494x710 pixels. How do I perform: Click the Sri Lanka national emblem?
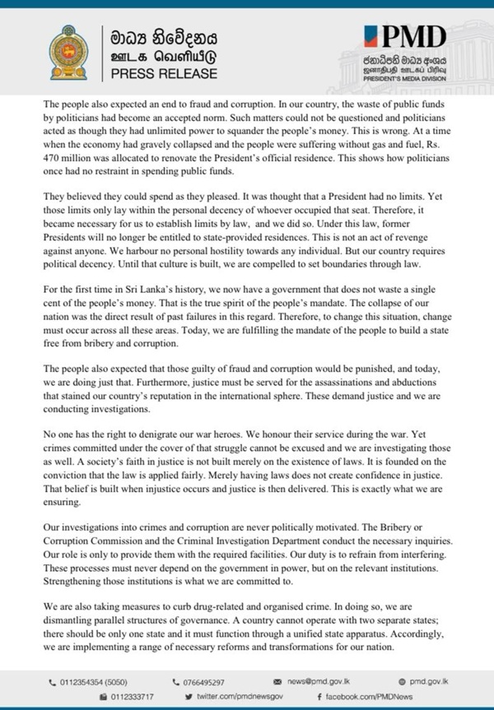coord(66,53)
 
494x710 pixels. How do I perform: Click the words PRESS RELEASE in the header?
coord(158,73)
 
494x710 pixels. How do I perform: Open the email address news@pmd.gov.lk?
coord(330,682)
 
